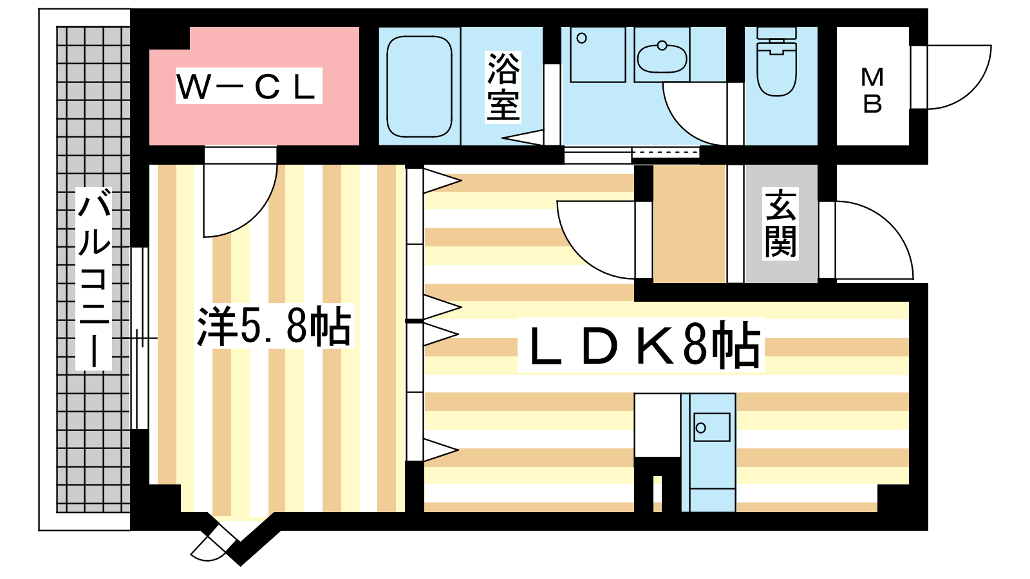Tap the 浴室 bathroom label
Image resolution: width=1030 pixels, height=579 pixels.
(x=503, y=87)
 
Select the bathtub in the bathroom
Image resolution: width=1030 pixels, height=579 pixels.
(x=419, y=86)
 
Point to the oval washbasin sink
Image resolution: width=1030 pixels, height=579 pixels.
(x=662, y=58)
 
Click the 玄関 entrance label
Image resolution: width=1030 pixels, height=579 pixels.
(x=780, y=223)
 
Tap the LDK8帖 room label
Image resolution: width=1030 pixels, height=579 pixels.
(x=641, y=345)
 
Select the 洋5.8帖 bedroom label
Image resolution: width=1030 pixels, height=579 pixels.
(x=274, y=327)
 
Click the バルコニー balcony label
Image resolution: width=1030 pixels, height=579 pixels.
(x=94, y=279)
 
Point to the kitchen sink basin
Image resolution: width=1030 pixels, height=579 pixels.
(x=711, y=427)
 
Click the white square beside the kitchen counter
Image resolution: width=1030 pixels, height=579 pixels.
(x=657, y=425)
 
